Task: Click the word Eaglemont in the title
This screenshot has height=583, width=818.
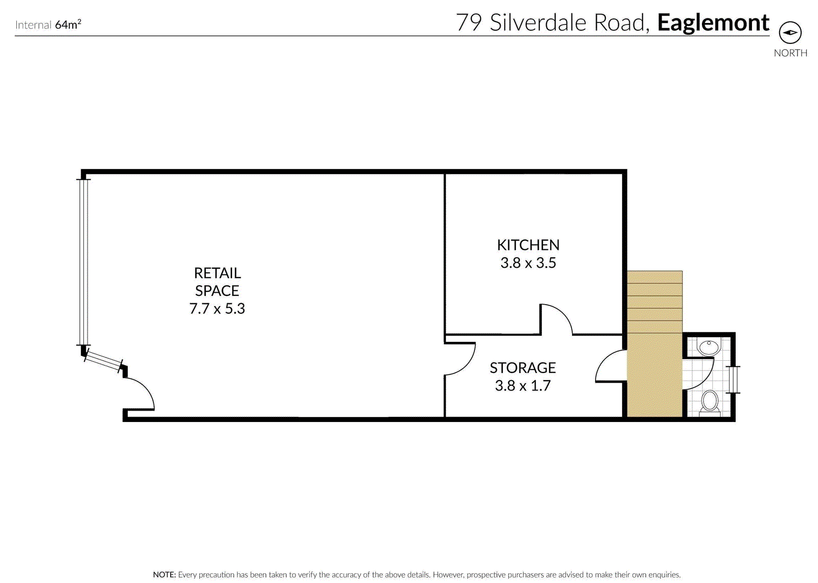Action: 713,23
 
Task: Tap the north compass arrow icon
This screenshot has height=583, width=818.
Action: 790,33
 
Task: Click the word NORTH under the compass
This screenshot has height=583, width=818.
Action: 790,53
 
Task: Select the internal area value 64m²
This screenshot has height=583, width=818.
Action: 68,25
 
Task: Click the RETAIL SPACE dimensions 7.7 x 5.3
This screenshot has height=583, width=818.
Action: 217,309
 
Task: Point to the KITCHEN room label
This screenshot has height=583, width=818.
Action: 528,245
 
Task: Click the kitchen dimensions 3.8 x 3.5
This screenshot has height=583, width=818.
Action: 528,263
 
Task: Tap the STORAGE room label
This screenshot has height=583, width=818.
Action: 522,368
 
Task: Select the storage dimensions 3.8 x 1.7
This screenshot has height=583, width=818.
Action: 522,386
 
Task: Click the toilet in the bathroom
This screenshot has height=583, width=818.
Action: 710,402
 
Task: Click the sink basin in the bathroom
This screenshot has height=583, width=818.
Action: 709,347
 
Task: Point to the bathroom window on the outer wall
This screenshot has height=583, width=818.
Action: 734,380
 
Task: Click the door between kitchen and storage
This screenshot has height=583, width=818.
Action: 556,319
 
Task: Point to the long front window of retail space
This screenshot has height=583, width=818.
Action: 84,262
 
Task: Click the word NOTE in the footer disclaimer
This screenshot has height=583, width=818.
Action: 164,575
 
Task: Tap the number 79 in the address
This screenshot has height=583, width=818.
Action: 469,23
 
